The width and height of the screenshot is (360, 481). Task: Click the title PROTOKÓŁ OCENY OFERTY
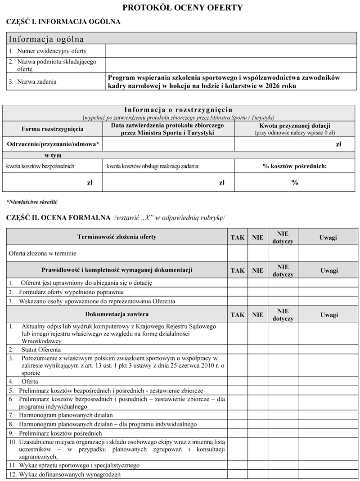click(x=182, y=8)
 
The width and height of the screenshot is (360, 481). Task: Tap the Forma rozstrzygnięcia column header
click(x=52, y=129)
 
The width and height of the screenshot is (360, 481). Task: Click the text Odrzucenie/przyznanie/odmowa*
click(x=53, y=144)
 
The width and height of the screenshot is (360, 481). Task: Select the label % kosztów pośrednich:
click(x=294, y=166)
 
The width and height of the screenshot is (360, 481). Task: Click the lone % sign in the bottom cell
click(x=294, y=182)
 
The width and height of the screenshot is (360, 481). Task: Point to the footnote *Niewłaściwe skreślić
click(x=32, y=202)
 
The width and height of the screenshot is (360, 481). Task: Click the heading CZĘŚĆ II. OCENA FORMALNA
click(x=58, y=218)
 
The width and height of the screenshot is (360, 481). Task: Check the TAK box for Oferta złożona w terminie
click(x=237, y=253)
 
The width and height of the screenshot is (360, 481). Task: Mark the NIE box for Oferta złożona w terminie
click(x=257, y=253)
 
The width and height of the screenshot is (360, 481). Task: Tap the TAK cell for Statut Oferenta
click(x=237, y=349)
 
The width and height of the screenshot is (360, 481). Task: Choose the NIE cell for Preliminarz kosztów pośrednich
click(x=257, y=433)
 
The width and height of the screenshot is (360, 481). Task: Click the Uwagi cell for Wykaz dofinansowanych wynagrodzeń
click(x=328, y=474)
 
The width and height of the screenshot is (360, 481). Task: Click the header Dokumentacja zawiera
click(x=117, y=314)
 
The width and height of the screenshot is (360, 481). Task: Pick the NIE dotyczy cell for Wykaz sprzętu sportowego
click(x=283, y=465)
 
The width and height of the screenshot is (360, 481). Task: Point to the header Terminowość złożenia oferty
click(x=117, y=237)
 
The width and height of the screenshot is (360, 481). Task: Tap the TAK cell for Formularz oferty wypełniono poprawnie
click(x=237, y=292)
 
